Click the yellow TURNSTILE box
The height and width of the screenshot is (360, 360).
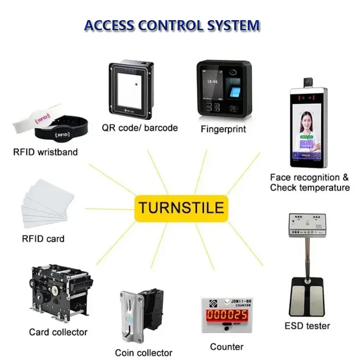click(x=180, y=208)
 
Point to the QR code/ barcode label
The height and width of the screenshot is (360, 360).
click(x=139, y=128)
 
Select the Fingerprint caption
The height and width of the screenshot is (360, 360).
click(x=223, y=129)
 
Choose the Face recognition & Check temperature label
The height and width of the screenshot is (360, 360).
click(x=310, y=183)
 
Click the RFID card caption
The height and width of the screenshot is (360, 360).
click(x=43, y=238)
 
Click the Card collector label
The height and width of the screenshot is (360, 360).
click(x=58, y=333)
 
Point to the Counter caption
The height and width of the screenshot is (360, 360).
click(x=227, y=346)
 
